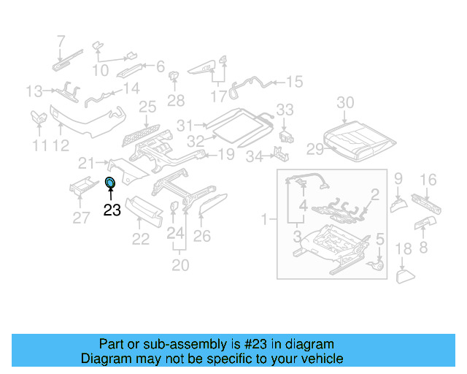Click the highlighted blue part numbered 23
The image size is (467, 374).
[x=110, y=183]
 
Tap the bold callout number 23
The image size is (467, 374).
[x=112, y=210]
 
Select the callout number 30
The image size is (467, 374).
[x=345, y=102]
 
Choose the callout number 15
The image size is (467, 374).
[x=293, y=82]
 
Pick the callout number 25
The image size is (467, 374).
[x=147, y=108]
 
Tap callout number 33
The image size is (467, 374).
[x=285, y=110]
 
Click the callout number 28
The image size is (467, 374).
[x=176, y=99]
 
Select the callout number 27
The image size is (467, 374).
[x=82, y=216]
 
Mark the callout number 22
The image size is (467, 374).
[x=140, y=238]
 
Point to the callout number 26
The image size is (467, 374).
[x=201, y=236]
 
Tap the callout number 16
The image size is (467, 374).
[x=428, y=180]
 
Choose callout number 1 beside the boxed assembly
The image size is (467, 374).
[x=266, y=218]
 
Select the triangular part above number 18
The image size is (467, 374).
[x=404, y=275]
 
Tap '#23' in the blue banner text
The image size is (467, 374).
[x=261, y=344]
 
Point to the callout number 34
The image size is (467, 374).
[x=253, y=156]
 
